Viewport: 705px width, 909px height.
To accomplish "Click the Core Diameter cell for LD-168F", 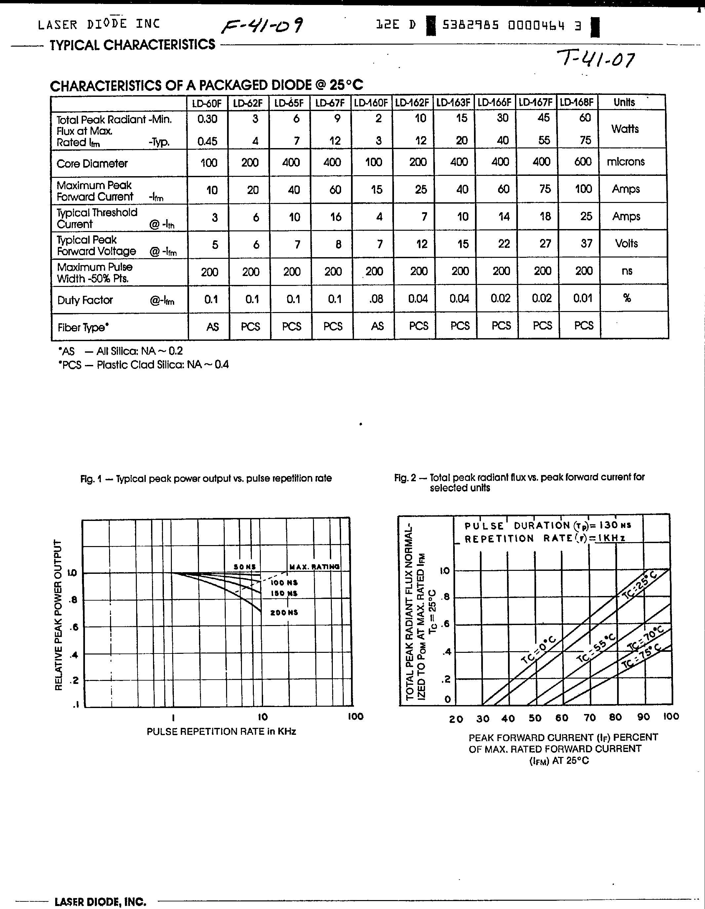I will pos(583,162).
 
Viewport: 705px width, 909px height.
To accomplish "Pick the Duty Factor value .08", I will pos(376,299).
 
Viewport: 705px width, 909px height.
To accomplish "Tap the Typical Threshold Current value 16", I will pos(335,217).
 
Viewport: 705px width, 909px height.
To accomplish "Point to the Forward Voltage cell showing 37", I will pos(586,244).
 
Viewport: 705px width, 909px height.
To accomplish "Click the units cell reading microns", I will pos(626,162).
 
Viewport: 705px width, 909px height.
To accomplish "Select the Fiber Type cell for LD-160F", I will pos(377,326).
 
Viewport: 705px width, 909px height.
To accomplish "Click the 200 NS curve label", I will pos(284,613).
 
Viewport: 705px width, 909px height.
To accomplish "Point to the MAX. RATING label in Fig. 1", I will pos(314,567).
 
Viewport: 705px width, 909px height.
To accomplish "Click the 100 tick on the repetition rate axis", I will pos(355,717).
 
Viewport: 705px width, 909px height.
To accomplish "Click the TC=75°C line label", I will pos(641,657).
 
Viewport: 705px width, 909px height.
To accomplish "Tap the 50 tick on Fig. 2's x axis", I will pos(534,718).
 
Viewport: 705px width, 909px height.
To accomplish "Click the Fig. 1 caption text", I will pos(206,479).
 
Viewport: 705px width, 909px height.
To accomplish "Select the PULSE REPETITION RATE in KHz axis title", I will pos(221,731).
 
